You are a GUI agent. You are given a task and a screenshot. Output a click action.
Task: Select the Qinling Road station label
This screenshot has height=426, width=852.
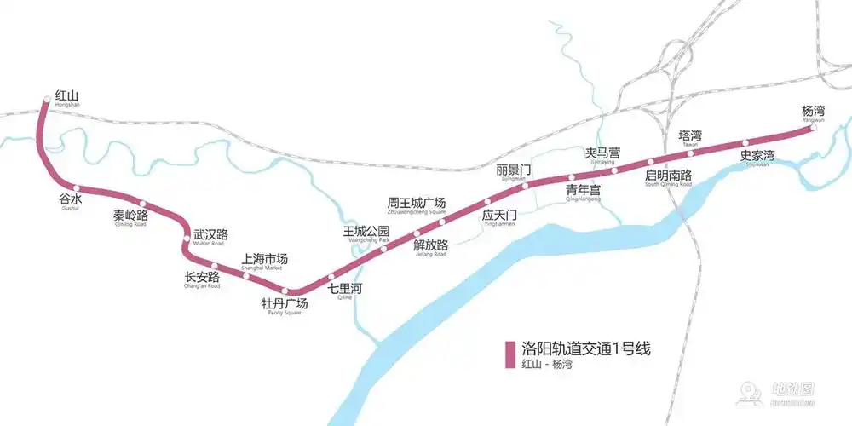(130, 216)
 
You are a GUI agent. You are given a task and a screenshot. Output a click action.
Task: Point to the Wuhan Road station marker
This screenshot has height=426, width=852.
(186, 238)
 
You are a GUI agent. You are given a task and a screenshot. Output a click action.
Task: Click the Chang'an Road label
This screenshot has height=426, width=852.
(202, 279)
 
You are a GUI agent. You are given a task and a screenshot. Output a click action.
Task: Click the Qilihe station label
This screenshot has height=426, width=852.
(345, 290)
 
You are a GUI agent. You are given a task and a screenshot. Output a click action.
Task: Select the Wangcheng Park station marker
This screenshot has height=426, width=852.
(384, 248)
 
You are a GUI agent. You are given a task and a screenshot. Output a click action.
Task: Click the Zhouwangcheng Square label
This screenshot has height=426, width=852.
(417, 204)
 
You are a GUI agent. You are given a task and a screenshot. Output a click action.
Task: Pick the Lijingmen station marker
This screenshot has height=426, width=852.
(525, 186)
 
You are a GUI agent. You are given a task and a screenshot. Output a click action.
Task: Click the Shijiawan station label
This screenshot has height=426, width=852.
(757, 158)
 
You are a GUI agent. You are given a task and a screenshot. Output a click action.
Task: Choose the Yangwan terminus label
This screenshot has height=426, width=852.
(814, 112)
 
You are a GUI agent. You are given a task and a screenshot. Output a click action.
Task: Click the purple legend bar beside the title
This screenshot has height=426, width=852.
(510, 355)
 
